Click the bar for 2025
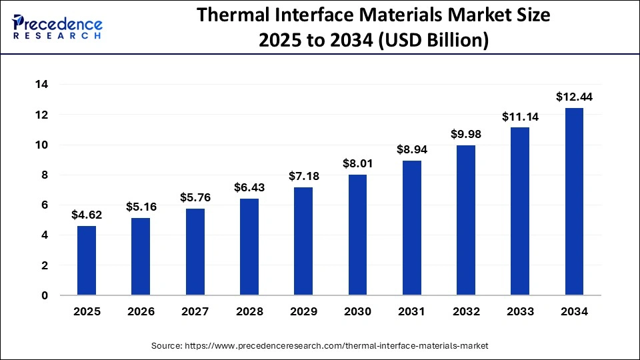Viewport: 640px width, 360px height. tap(87, 261)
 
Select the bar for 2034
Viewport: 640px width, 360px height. tap(574, 201)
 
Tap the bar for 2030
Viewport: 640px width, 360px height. tap(357, 235)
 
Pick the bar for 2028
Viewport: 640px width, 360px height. tap(249, 247)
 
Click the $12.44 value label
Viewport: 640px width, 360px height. tap(574, 97)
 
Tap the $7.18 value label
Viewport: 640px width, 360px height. tap(303, 177)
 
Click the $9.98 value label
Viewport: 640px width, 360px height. tap(465, 135)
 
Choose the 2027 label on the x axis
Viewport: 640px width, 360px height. tap(195, 311)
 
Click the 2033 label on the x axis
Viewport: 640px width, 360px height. tap(520, 311)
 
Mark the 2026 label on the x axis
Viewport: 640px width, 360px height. tap(141, 311)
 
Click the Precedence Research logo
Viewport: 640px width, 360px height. tap(57, 27)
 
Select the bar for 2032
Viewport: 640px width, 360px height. tap(465, 220)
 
